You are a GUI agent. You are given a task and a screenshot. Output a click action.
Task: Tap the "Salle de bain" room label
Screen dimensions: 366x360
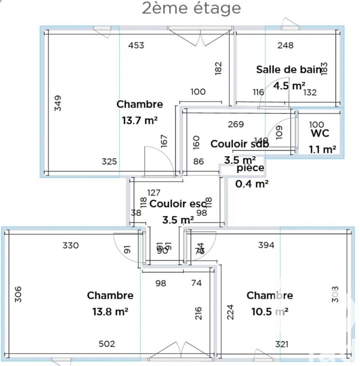click(289, 70)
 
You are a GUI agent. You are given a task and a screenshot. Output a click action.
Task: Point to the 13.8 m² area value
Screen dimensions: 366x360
click(110, 312)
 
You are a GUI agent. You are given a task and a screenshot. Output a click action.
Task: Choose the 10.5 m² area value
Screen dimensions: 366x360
click(269, 312)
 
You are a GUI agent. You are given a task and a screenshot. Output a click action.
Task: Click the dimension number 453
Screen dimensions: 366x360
click(136, 45)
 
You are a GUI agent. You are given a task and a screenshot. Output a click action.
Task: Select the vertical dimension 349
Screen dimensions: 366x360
click(57, 103)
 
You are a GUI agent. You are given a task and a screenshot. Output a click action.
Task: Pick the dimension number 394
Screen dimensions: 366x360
click(266, 245)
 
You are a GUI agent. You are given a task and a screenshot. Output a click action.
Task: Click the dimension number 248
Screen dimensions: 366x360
click(285, 45)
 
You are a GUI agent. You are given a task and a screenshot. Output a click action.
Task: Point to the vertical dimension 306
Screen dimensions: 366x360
click(18, 294)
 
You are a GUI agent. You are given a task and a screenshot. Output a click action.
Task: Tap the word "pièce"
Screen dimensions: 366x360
click(250, 168)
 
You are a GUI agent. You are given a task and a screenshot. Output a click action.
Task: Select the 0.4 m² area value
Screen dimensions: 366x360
click(251, 184)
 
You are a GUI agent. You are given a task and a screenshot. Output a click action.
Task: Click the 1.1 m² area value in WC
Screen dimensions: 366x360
click(323, 149)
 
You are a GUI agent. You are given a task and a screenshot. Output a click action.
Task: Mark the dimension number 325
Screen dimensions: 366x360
click(109, 161)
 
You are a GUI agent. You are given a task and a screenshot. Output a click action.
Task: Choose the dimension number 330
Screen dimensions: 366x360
click(71, 245)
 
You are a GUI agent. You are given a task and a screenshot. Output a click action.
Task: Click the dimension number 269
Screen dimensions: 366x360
click(236, 124)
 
